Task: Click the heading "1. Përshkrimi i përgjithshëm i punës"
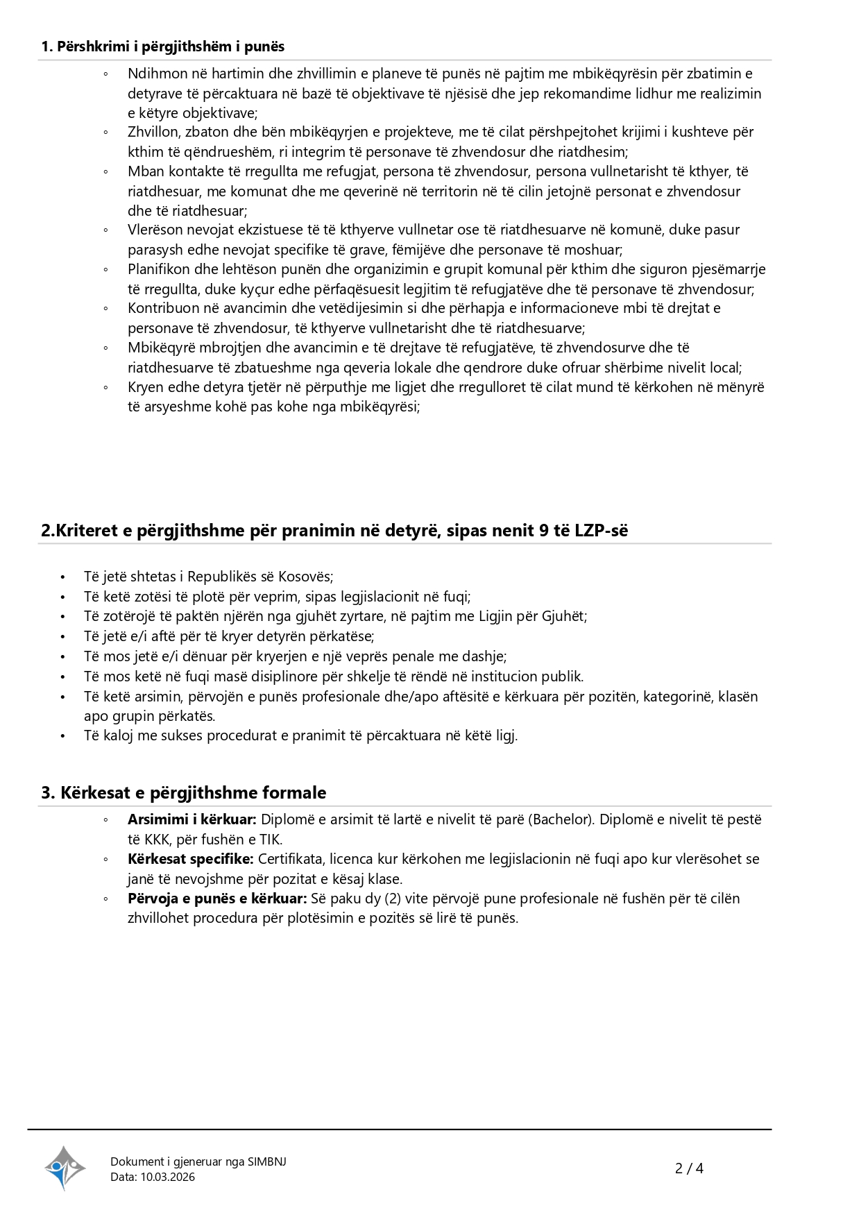coord(163,46)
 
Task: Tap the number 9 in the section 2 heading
coord(543,531)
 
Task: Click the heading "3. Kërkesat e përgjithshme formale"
coord(184,792)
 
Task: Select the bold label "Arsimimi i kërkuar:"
coord(192,819)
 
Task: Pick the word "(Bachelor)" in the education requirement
coord(561,819)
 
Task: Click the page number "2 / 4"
coord(689,1168)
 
